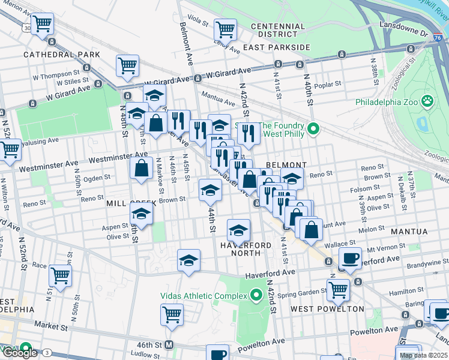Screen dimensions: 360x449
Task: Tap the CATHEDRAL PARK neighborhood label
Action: tap(53, 55)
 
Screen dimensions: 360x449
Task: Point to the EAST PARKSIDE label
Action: tap(276, 47)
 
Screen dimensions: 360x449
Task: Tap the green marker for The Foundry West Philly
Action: tap(313, 128)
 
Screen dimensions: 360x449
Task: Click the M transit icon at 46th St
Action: tap(169, 345)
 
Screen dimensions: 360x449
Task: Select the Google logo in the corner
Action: tap(19, 353)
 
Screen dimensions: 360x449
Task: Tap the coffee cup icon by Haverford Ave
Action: tap(350, 258)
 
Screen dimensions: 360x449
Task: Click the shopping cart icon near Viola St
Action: tap(225, 28)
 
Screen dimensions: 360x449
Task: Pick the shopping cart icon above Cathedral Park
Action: tap(42, 24)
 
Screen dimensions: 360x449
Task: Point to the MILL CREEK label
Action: tap(131, 203)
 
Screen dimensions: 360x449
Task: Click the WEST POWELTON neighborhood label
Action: tap(327, 309)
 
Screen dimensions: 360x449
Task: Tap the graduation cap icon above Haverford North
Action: tap(238, 230)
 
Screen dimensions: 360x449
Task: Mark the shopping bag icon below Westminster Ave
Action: tap(141, 168)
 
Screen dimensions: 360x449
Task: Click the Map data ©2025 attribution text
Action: tap(424, 355)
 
